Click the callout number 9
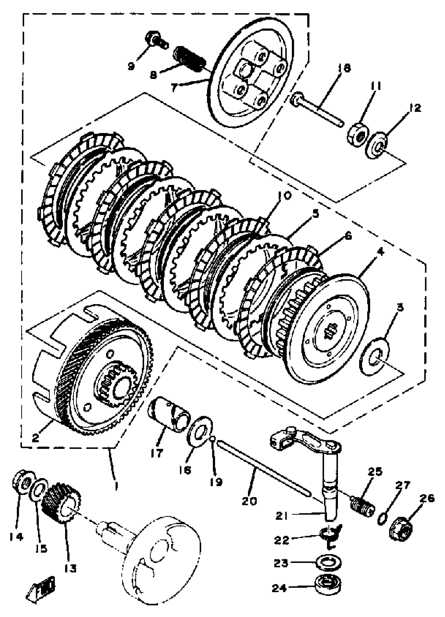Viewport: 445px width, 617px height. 132,66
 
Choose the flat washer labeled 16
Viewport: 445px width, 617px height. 200,431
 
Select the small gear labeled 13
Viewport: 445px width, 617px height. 62,502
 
